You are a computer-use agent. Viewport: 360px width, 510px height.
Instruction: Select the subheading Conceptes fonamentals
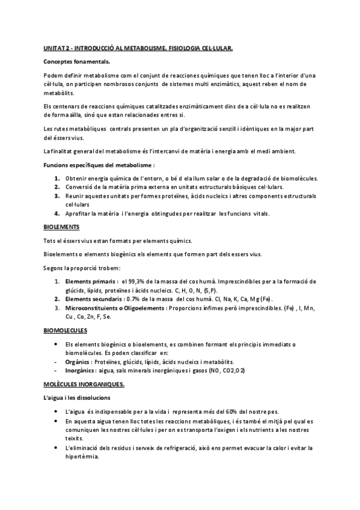(x=76, y=61)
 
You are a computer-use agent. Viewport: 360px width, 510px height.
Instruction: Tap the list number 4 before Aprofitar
(x=56, y=214)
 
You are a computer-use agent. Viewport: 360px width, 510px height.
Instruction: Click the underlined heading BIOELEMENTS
(x=61, y=227)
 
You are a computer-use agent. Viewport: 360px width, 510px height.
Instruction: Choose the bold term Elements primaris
(x=90, y=281)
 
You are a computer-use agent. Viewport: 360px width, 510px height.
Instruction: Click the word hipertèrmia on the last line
(x=86, y=456)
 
